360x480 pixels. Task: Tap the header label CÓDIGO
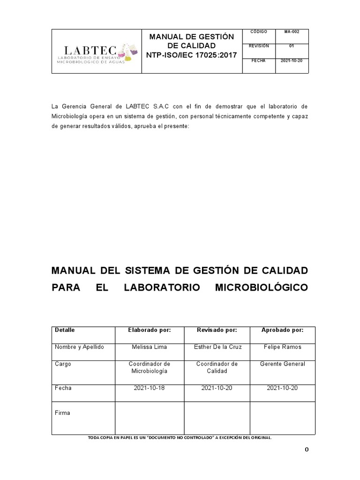259,32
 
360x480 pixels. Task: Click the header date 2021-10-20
292,61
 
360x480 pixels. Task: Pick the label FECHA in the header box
259,61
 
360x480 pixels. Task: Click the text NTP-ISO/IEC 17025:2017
191,55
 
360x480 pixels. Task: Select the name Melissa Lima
149,347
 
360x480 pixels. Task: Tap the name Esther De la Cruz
217,347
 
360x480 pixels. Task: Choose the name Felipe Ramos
282,347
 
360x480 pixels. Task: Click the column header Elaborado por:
149,330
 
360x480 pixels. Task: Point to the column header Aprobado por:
282,330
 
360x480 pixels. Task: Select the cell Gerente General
282,364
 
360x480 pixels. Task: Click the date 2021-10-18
149,388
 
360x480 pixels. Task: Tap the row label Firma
62,413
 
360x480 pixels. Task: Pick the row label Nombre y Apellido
79,347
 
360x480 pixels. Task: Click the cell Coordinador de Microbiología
149,367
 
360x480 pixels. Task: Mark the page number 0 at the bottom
307,450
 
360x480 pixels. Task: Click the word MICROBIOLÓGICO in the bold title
261,287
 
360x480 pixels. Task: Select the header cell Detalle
65,330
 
